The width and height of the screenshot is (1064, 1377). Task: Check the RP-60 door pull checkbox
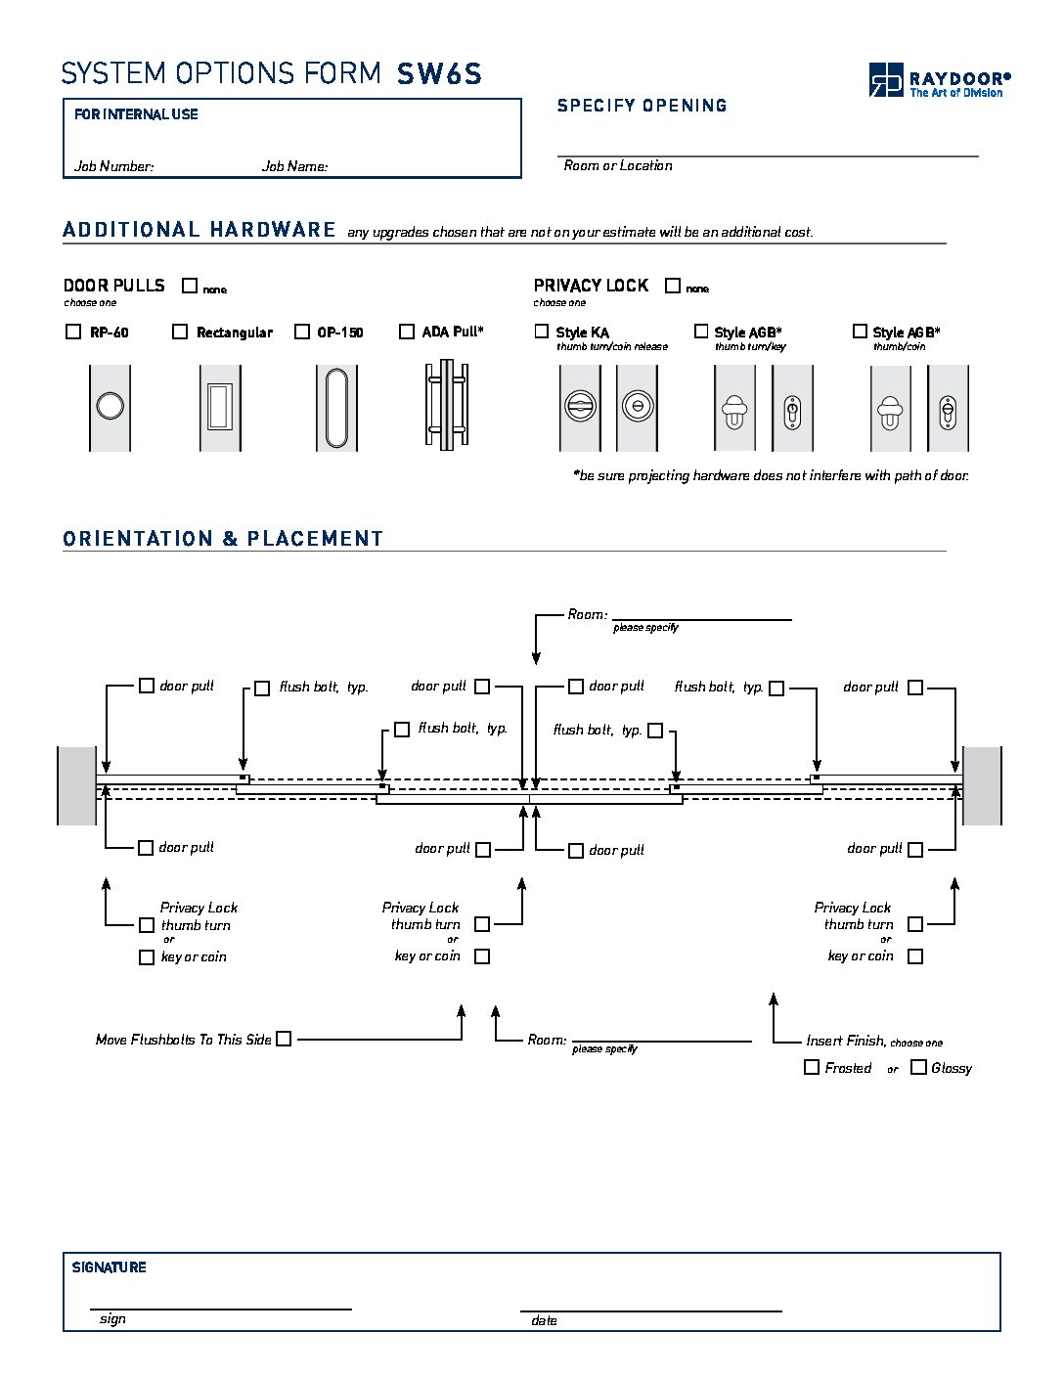tap(73, 332)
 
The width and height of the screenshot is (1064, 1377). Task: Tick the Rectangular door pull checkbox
tap(180, 332)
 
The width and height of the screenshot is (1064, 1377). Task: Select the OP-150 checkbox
tap(302, 332)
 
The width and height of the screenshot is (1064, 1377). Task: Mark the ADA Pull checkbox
tap(406, 332)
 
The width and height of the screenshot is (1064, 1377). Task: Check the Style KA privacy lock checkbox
tap(541, 331)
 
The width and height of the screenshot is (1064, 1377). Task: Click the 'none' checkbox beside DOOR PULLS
tap(190, 286)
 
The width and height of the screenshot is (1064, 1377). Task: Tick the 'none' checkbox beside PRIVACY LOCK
tap(673, 286)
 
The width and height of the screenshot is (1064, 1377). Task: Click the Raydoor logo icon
tap(886, 80)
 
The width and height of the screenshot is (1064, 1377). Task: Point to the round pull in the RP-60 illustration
tap(111, 406)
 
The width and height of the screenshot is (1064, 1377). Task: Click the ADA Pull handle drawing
tap(447, 405)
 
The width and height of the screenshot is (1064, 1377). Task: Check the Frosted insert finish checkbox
tap(811, 1067)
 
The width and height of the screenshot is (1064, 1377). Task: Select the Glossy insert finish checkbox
tap(918, 1067)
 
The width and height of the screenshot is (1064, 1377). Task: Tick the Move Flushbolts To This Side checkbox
tap(284, 1039)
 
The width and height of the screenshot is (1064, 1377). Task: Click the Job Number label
tap(114, 166)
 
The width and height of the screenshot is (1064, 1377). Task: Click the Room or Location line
tap(768, 155)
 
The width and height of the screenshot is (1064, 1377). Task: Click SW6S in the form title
tap(439, 73)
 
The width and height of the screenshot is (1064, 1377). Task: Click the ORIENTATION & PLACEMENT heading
tap(223, 539)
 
